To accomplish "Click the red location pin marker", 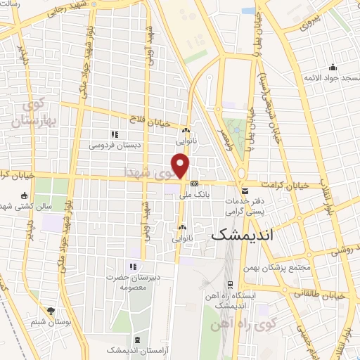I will click(x=181, y=166).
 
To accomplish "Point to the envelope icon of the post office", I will click(x=243, y=191).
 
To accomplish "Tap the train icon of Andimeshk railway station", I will click(x=230, y=285).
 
